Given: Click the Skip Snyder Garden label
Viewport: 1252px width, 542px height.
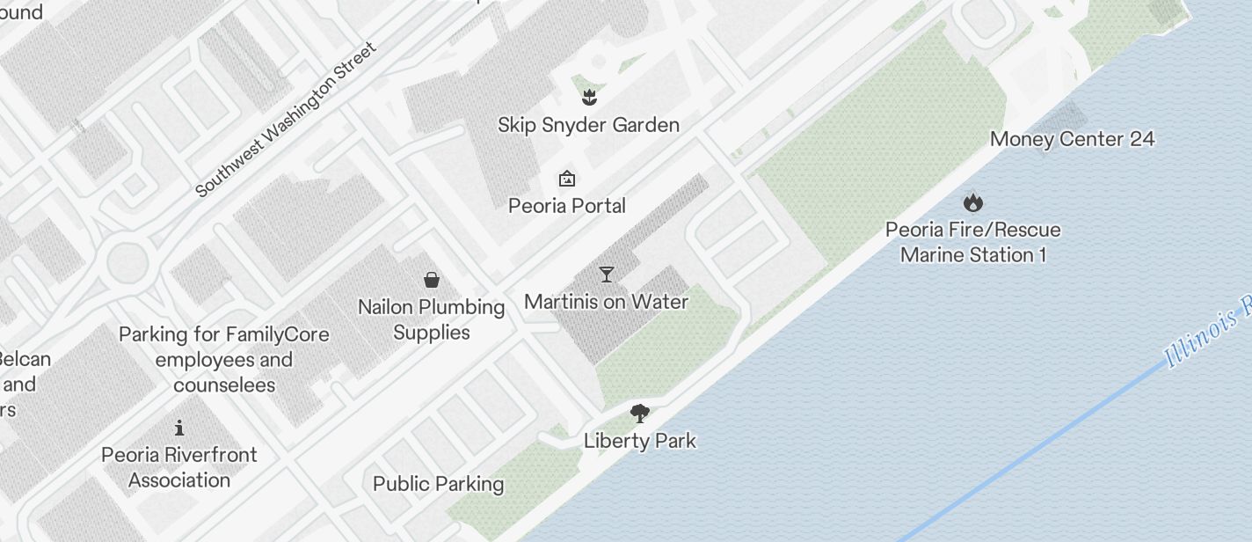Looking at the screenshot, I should tap(588, 125).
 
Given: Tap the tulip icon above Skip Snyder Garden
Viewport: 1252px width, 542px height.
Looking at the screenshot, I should tap(589, 97).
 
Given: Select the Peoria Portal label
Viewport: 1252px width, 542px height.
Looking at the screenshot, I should tap(567, 206).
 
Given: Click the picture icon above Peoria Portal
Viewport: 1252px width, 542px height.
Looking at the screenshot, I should tap(567, 179).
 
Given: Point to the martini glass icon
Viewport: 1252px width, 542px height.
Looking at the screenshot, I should tap(606, 275).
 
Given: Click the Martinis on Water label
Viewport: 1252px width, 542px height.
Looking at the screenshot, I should tap(606, 302).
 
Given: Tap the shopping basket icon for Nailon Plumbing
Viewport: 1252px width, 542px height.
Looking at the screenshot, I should tap(432, 280).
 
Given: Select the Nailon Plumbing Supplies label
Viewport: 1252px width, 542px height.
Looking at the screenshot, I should tap(431, 319).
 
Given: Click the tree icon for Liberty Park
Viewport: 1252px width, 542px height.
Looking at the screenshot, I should tap(640, 413).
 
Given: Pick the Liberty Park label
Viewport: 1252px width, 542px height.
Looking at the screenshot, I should tap(640, 441).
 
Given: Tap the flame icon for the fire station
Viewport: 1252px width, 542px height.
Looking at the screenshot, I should tap(972, 202).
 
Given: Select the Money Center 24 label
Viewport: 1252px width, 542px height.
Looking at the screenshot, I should tap(1072, 139).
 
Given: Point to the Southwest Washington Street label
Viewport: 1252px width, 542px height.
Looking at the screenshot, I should tap(286, 119).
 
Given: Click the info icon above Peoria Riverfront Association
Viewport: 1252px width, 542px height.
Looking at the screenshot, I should tap(179, 428).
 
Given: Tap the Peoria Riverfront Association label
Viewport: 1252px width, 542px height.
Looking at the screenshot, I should tap(179, 467).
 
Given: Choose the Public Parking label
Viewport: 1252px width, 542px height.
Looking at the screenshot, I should tap(438, 484).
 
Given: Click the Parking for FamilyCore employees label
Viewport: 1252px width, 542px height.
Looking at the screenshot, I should tap(224, 360).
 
